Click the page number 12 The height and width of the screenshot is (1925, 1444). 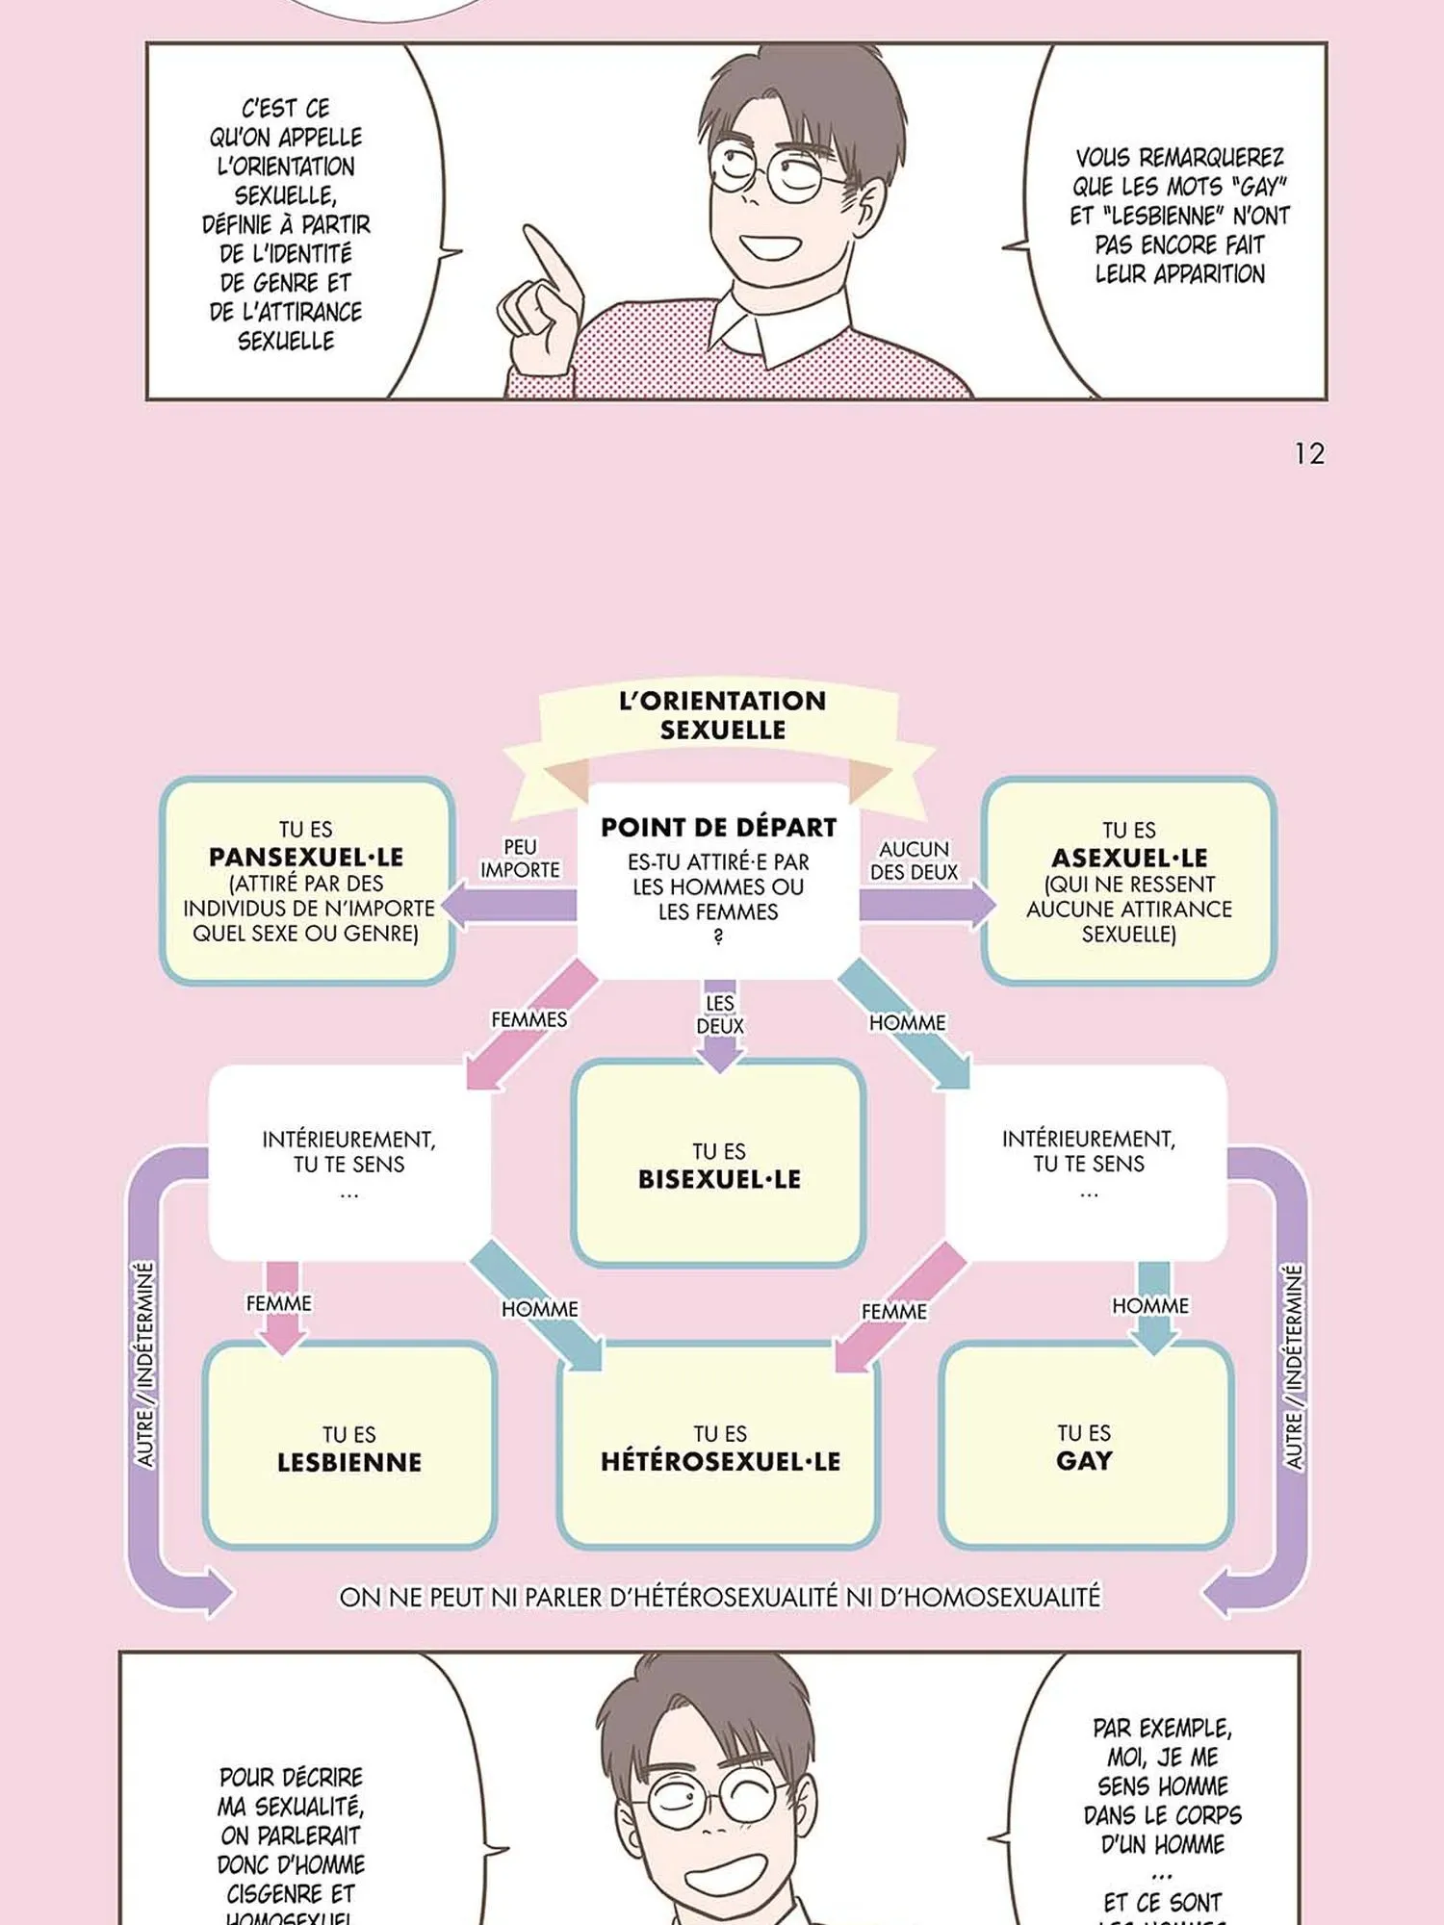[x=1309, y=453]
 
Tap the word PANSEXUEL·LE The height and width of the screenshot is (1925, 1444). [x=306, y=857]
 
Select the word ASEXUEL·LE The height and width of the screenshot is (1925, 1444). [x=1129, y=858]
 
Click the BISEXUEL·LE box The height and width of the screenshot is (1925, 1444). [x=719, y=1165]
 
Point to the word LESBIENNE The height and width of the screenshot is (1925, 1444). [x=349, y=1462]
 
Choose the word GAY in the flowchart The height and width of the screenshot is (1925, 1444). [x=1084, y=1460]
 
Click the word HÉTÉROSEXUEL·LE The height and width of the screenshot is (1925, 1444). [x=720, y=1461]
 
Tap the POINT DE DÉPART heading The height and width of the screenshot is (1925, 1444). [x=718, y=827]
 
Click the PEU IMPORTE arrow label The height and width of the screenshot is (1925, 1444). [x=520, y=858]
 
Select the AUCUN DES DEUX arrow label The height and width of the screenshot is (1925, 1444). [x=915, y=860]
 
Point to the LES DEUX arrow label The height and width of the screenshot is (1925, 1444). [x=720, y=1014]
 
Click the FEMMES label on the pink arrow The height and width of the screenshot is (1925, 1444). [x=529, y=1019]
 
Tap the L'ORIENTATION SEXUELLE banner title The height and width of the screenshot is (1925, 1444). [x=722, y=714]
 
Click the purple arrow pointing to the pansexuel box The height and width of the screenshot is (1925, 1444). [x=510, y=906]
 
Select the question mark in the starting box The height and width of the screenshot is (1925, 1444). [x=718, y=937]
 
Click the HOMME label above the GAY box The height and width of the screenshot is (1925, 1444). [x=1150, y=1305]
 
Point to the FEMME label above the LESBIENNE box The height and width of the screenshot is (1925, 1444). [x=279, y=1303]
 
